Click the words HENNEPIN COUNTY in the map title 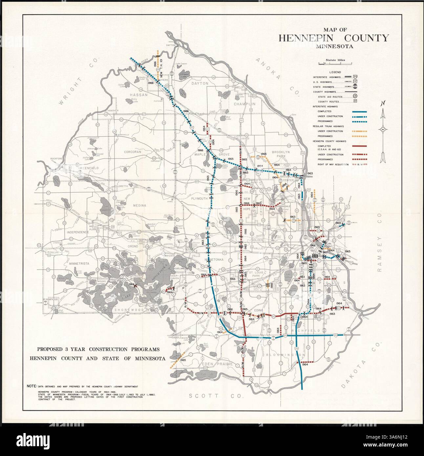tap(333, 38)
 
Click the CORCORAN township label tap(132, 152)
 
